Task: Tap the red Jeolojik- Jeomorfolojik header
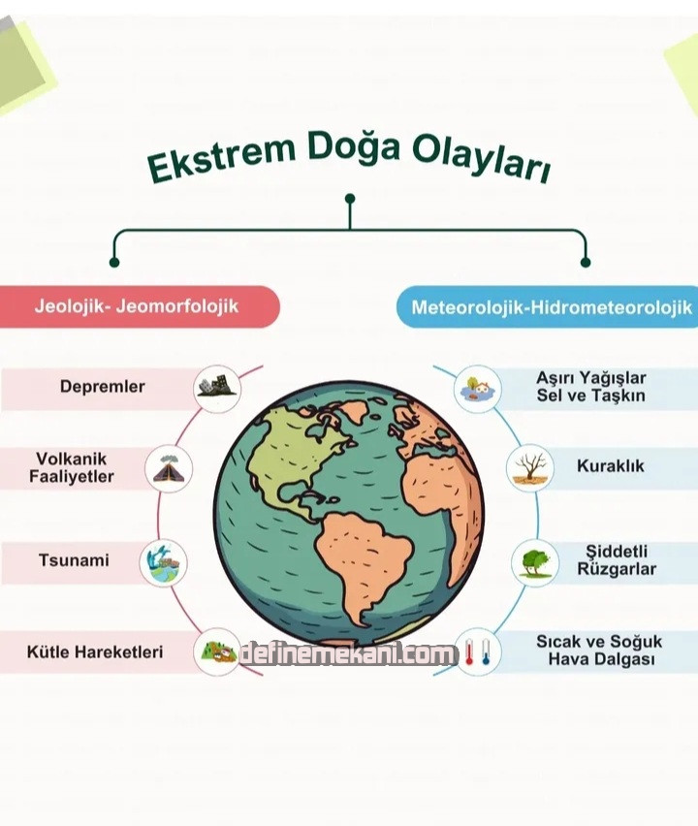pos(139,306)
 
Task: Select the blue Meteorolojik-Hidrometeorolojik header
pos(548,307)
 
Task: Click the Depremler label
pos(102,387)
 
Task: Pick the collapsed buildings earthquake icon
pos(217,388)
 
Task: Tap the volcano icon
pos(169,469)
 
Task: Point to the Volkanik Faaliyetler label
pos(71,468)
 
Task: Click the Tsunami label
pos(74,560)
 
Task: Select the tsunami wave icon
pos(163,562)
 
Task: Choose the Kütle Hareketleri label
pos(95,652)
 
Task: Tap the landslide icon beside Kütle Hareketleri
pos(217,652)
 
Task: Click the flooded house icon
pos(478,389)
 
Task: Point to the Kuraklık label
pos(611,466)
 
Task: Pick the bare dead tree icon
pos(530,468)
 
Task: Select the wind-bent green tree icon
pos(535,562)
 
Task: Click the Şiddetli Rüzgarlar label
pos(617,560)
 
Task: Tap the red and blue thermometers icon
pos(477,652)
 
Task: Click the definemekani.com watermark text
pos(348,654)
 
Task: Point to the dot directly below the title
pos(350,199)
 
